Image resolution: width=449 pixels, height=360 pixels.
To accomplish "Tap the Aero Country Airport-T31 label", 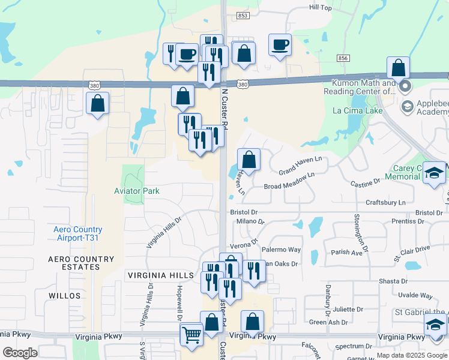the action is pos(78,234).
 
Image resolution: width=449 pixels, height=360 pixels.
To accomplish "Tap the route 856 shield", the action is pos(343,58).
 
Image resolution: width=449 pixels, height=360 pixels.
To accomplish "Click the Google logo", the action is pos(20,353).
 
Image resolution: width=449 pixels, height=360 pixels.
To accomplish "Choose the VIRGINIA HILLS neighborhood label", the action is pos(160,275).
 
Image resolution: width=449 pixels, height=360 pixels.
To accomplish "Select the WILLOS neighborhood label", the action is pos(64,296).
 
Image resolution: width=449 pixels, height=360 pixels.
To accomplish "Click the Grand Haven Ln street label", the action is pos(300,163).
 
